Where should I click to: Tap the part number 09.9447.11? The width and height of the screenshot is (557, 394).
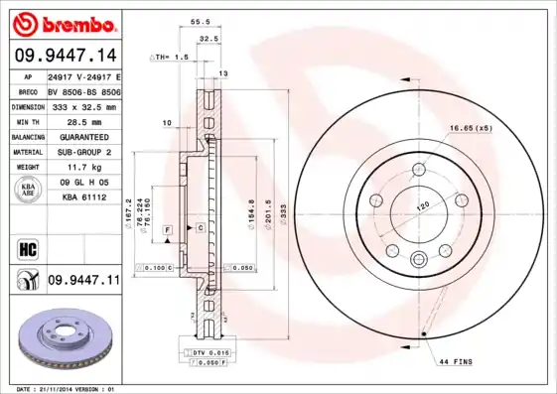(x=82, y=282)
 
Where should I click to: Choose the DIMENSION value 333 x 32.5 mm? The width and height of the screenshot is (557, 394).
(x=82, y=106)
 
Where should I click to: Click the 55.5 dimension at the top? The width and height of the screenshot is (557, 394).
(x=200, y=21)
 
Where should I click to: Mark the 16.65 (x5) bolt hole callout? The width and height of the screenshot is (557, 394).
(x=471, y=129)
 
